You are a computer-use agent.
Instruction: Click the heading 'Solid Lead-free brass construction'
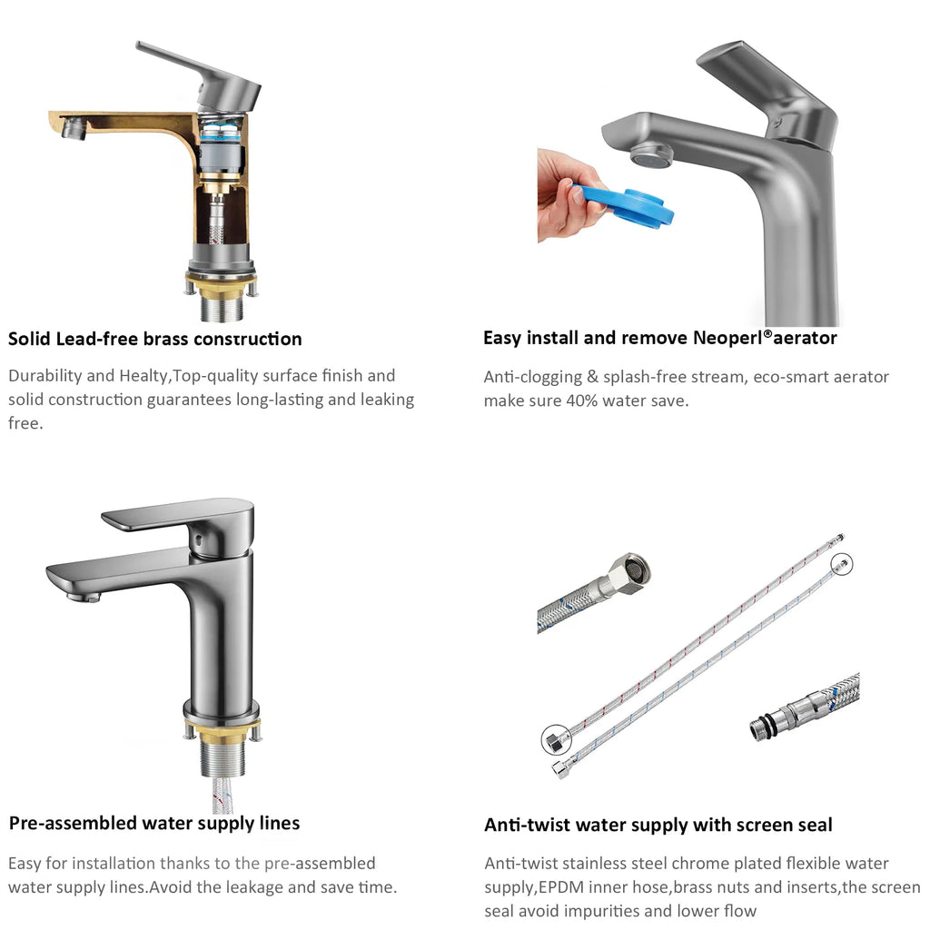pos(154,339)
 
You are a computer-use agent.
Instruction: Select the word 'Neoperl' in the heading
pos(727,338)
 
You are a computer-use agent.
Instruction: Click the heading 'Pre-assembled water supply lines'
pos(154,823)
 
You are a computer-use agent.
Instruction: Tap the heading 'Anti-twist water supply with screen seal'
pos(658,825)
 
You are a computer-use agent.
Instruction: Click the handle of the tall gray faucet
pos(771,89)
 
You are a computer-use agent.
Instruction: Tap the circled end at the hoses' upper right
pos(841,563)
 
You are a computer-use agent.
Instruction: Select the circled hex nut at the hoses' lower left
pos(557,739)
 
